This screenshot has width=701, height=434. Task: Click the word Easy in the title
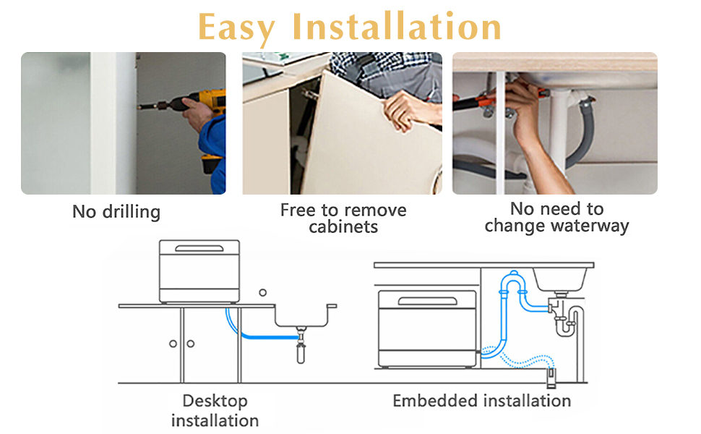pos(236,27)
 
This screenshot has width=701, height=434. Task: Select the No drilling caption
pos(116,212)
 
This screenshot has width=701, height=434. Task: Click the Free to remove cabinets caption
pos(343,218)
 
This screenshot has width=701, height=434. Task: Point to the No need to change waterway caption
pos(556,217)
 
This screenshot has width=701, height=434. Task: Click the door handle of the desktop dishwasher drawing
pos(199,249)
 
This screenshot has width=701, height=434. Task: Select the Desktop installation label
pos(215,410)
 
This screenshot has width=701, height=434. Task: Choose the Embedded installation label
pos(481,400)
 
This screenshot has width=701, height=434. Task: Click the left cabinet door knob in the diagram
pos(173,344)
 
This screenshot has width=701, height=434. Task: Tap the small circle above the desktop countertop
pos(262,292)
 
